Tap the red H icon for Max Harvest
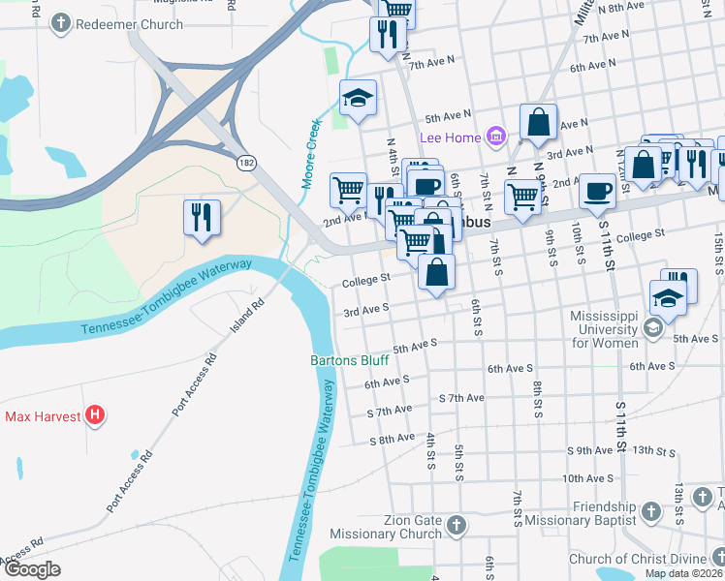[x=95, y=417]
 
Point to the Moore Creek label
[x=311, y=153]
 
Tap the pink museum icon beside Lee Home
[x=497, y=137]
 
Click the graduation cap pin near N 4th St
[x=358, y=97]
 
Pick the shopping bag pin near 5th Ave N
[x=538, y=122]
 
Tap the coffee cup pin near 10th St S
[x=597, y=190]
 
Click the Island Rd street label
[x=246, y=316]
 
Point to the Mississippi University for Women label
[x=603, y=330]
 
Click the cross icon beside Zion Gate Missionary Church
[x=457, y=527]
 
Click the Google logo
[x=32, y=569]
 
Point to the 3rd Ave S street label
[x=365, y=309]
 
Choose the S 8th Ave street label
[x=392, y=439]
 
